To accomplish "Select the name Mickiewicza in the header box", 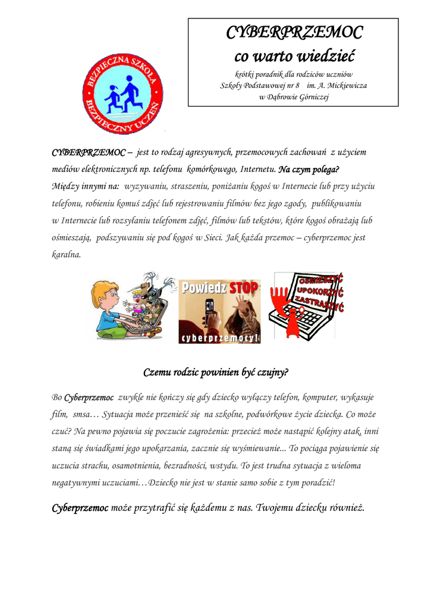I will pyautogui.click(x=345, y=85).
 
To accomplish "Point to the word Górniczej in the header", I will pyautogui.click(x=310, y=97).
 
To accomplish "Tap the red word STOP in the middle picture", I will pyautogui.click(x=244, y=288).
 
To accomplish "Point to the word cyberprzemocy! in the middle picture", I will pyautogui.click(x=219, y=338).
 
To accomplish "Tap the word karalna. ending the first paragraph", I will pyautogui.click(x=66, y=255).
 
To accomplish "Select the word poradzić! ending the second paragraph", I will pyautogui.click(x=318, y=482).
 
